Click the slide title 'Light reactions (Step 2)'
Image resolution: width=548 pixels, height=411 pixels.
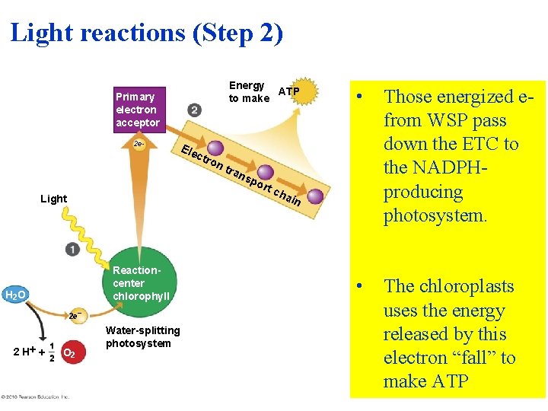(146, 33)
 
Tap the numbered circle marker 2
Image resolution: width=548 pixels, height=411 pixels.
(195, 110)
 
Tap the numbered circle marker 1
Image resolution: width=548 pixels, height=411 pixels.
(72, 249)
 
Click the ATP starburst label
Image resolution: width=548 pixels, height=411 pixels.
(289, 92)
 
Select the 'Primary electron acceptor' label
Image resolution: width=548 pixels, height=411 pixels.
(137, 110)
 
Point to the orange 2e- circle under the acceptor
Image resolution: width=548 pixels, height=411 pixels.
(138, 144)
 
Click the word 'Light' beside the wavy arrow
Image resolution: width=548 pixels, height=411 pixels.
(53, 199)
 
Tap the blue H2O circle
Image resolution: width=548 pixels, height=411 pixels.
(16, 295)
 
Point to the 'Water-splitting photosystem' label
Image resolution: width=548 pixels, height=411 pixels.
(143, 336)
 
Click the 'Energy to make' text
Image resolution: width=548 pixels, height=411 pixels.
(249, 91)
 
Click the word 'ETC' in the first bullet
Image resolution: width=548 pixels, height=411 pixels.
(479, 144)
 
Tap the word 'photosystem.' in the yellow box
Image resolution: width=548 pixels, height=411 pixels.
(435, 215)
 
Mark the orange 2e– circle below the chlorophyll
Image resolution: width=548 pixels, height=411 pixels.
(74, 315)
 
